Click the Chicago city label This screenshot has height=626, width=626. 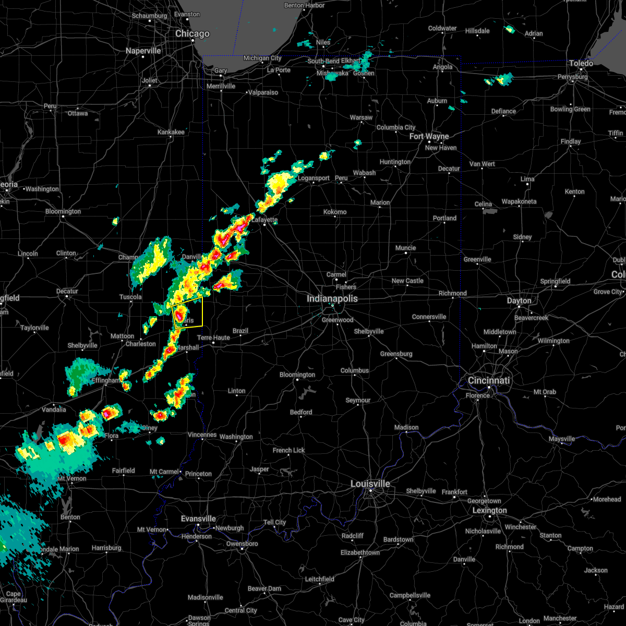pos(192,34)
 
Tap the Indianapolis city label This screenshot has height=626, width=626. pos(332,299)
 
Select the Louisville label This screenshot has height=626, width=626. pos(370,484)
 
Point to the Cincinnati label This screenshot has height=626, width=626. pos(489,381)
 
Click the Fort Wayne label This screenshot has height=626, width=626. pos(429,137)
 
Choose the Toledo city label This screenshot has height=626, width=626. pos(581,64)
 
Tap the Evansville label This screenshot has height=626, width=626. pos(198,519)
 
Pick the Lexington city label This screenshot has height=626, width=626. pos(490,511)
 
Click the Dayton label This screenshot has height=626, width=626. pos(519,301)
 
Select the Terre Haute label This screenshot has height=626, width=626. pos(213,338)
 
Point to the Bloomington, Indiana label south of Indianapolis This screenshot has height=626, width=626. pos(297,375)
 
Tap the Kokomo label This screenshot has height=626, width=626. pos(335,212)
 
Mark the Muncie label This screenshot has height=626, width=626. pos(405,248)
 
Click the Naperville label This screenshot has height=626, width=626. pos(143,51)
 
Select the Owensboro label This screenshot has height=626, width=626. pos(242,544)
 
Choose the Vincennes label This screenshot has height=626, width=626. pos(202,435)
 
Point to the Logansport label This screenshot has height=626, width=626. pos(314,178)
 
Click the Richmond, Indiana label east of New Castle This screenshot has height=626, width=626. pos(452,294)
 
